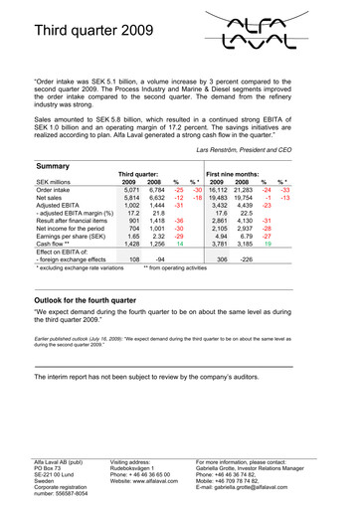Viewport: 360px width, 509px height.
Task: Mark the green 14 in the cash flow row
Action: [x=179, y=244]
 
